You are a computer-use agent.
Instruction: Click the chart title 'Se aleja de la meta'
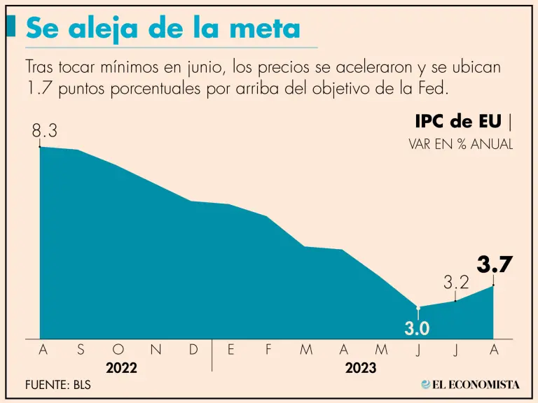click(163, 29)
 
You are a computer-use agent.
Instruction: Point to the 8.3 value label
click(44, 131)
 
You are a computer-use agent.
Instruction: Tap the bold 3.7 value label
click(495, 265)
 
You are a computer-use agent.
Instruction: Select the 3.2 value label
click(456, 283)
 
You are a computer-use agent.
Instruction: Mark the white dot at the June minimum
click(418, 308)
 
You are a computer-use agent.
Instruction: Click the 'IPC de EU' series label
click(457, 121)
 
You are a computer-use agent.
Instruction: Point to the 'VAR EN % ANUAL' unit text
click(460, 145)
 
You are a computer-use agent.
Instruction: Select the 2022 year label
click(121, 368)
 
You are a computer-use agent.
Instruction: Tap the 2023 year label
click(361, 368)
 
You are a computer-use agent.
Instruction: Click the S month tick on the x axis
click(81, 350)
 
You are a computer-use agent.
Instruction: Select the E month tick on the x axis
click(230, 350)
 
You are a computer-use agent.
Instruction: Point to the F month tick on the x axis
click(268, 350)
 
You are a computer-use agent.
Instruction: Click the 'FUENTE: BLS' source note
click(58, 385)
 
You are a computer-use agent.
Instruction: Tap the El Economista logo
click(470, 384)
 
